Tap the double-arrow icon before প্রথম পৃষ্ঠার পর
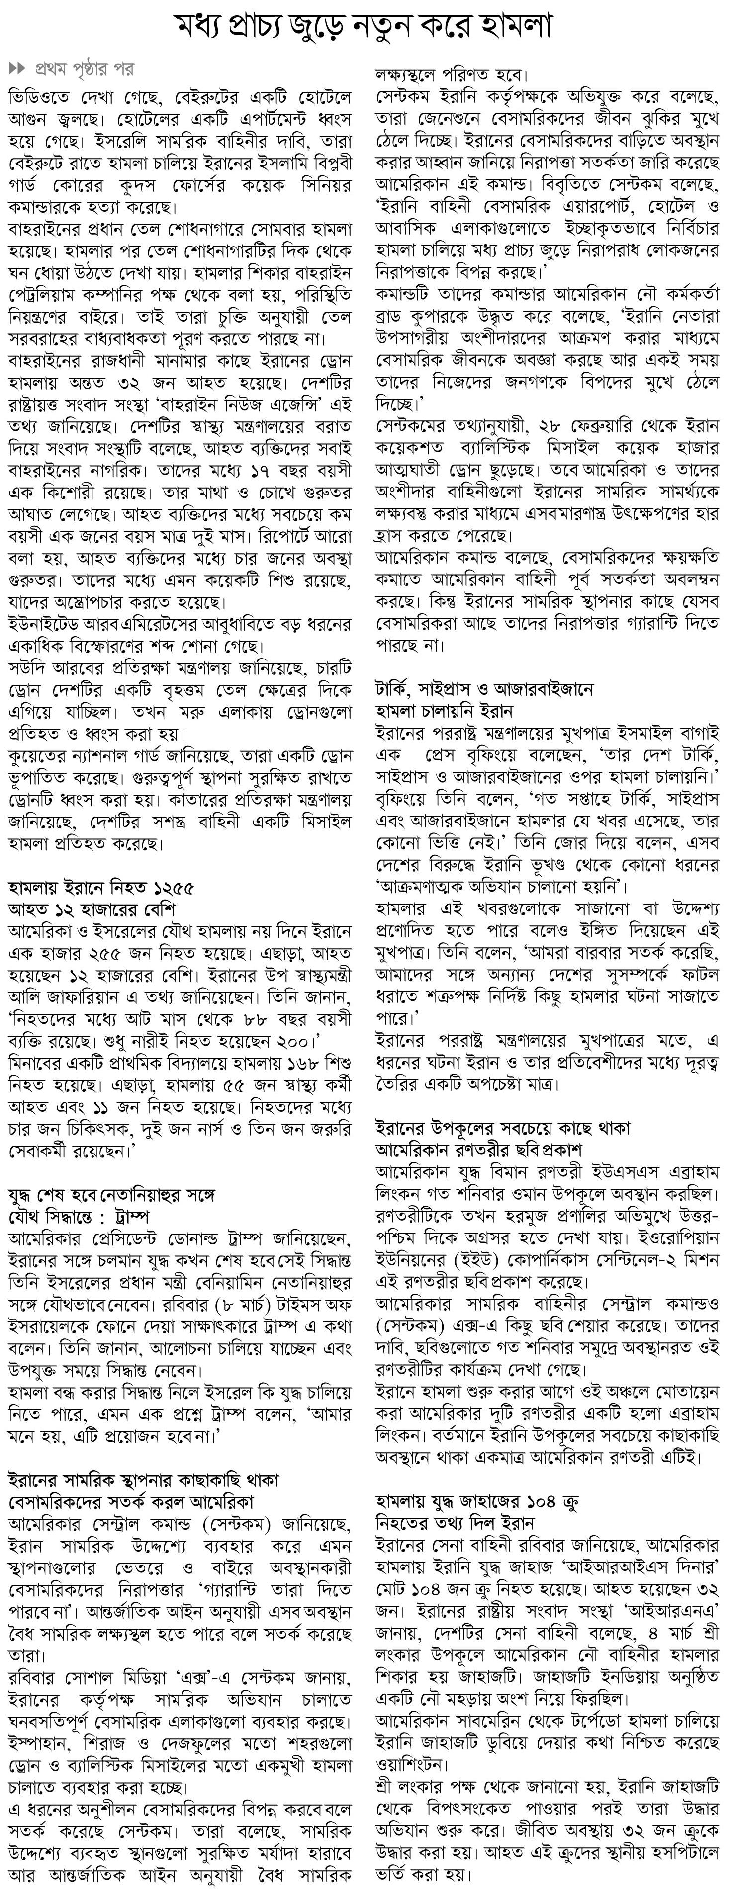tap(17, 70)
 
